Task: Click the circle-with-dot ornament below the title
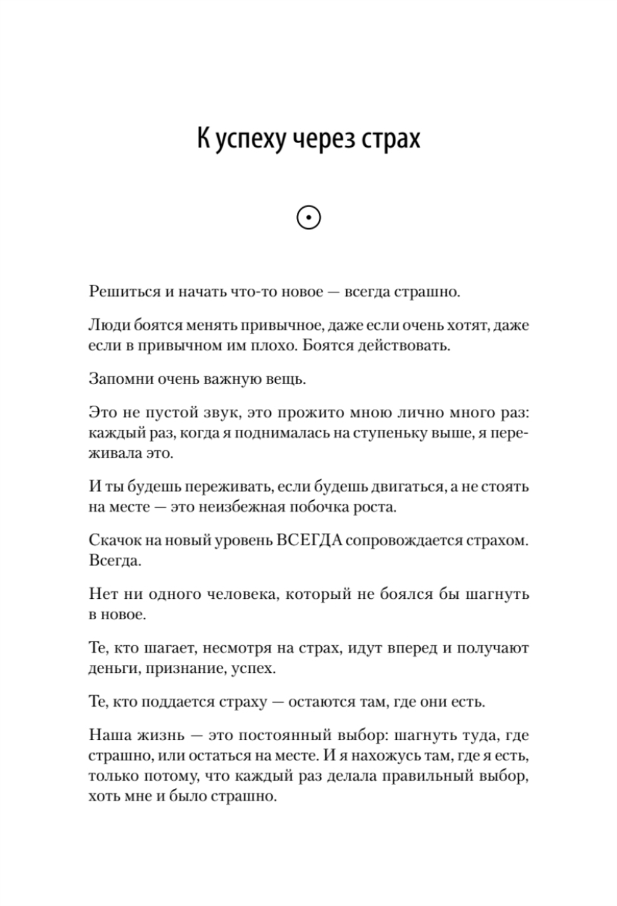(x=308, y=217)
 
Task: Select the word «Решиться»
(x=124, y=291)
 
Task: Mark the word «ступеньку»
(x=392, y=433)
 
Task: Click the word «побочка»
(x=321, y=507)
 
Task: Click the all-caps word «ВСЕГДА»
(x=307, y=540)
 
